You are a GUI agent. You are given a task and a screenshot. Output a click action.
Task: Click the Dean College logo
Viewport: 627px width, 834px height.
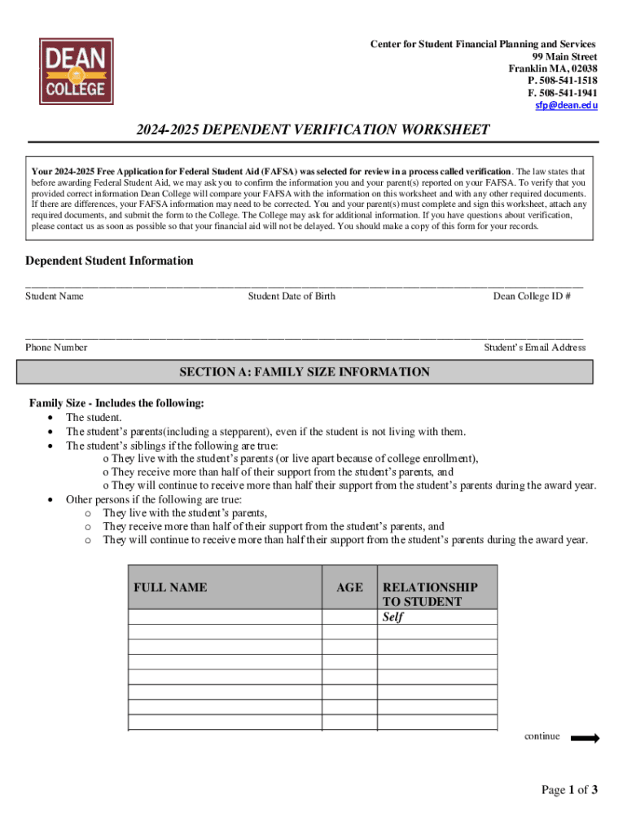coord(76,71)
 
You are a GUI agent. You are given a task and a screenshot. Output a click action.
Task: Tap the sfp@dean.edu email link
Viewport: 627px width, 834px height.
coord(566,106)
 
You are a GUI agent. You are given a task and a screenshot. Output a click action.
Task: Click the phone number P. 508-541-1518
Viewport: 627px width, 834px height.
coord(563,81)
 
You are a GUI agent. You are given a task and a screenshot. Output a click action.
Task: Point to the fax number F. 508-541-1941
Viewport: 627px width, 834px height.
coord(563,93)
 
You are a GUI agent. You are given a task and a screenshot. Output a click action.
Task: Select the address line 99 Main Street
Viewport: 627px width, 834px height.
coord(564,56)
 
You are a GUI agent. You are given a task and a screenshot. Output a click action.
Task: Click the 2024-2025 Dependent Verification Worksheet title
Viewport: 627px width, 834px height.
coord(313,130)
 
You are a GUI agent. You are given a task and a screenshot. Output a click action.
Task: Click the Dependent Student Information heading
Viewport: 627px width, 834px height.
coord(109,261)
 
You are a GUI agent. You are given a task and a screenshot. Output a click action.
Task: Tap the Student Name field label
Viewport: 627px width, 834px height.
coord(55,296)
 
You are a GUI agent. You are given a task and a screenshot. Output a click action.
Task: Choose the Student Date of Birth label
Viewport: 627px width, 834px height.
coord(292,296)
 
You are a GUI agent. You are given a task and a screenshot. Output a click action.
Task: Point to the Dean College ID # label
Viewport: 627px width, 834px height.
coord(532,296)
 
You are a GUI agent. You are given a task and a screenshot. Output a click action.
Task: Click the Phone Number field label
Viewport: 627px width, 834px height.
coord(56,348)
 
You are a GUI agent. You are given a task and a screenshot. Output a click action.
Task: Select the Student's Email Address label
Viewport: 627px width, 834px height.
coord(535,348)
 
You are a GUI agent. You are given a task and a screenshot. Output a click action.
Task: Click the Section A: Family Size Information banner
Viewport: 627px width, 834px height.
coord(305,372)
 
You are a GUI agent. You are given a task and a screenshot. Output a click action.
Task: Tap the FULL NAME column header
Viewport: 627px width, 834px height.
coord(170,587)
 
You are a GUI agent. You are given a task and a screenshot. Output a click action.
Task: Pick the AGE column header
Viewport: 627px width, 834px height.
coord(349,587)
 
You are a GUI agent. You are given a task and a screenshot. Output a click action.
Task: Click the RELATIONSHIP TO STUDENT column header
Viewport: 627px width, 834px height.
coord(430,595)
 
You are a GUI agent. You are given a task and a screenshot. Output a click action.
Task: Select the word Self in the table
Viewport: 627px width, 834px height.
coord(393,617)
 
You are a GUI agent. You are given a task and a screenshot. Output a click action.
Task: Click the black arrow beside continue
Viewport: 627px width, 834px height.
coord(585,739)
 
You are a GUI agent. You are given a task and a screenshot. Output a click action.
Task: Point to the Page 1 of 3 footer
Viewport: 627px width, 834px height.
coord(570,789)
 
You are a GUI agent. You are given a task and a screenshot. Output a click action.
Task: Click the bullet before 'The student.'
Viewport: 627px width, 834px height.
coord(52,418)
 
